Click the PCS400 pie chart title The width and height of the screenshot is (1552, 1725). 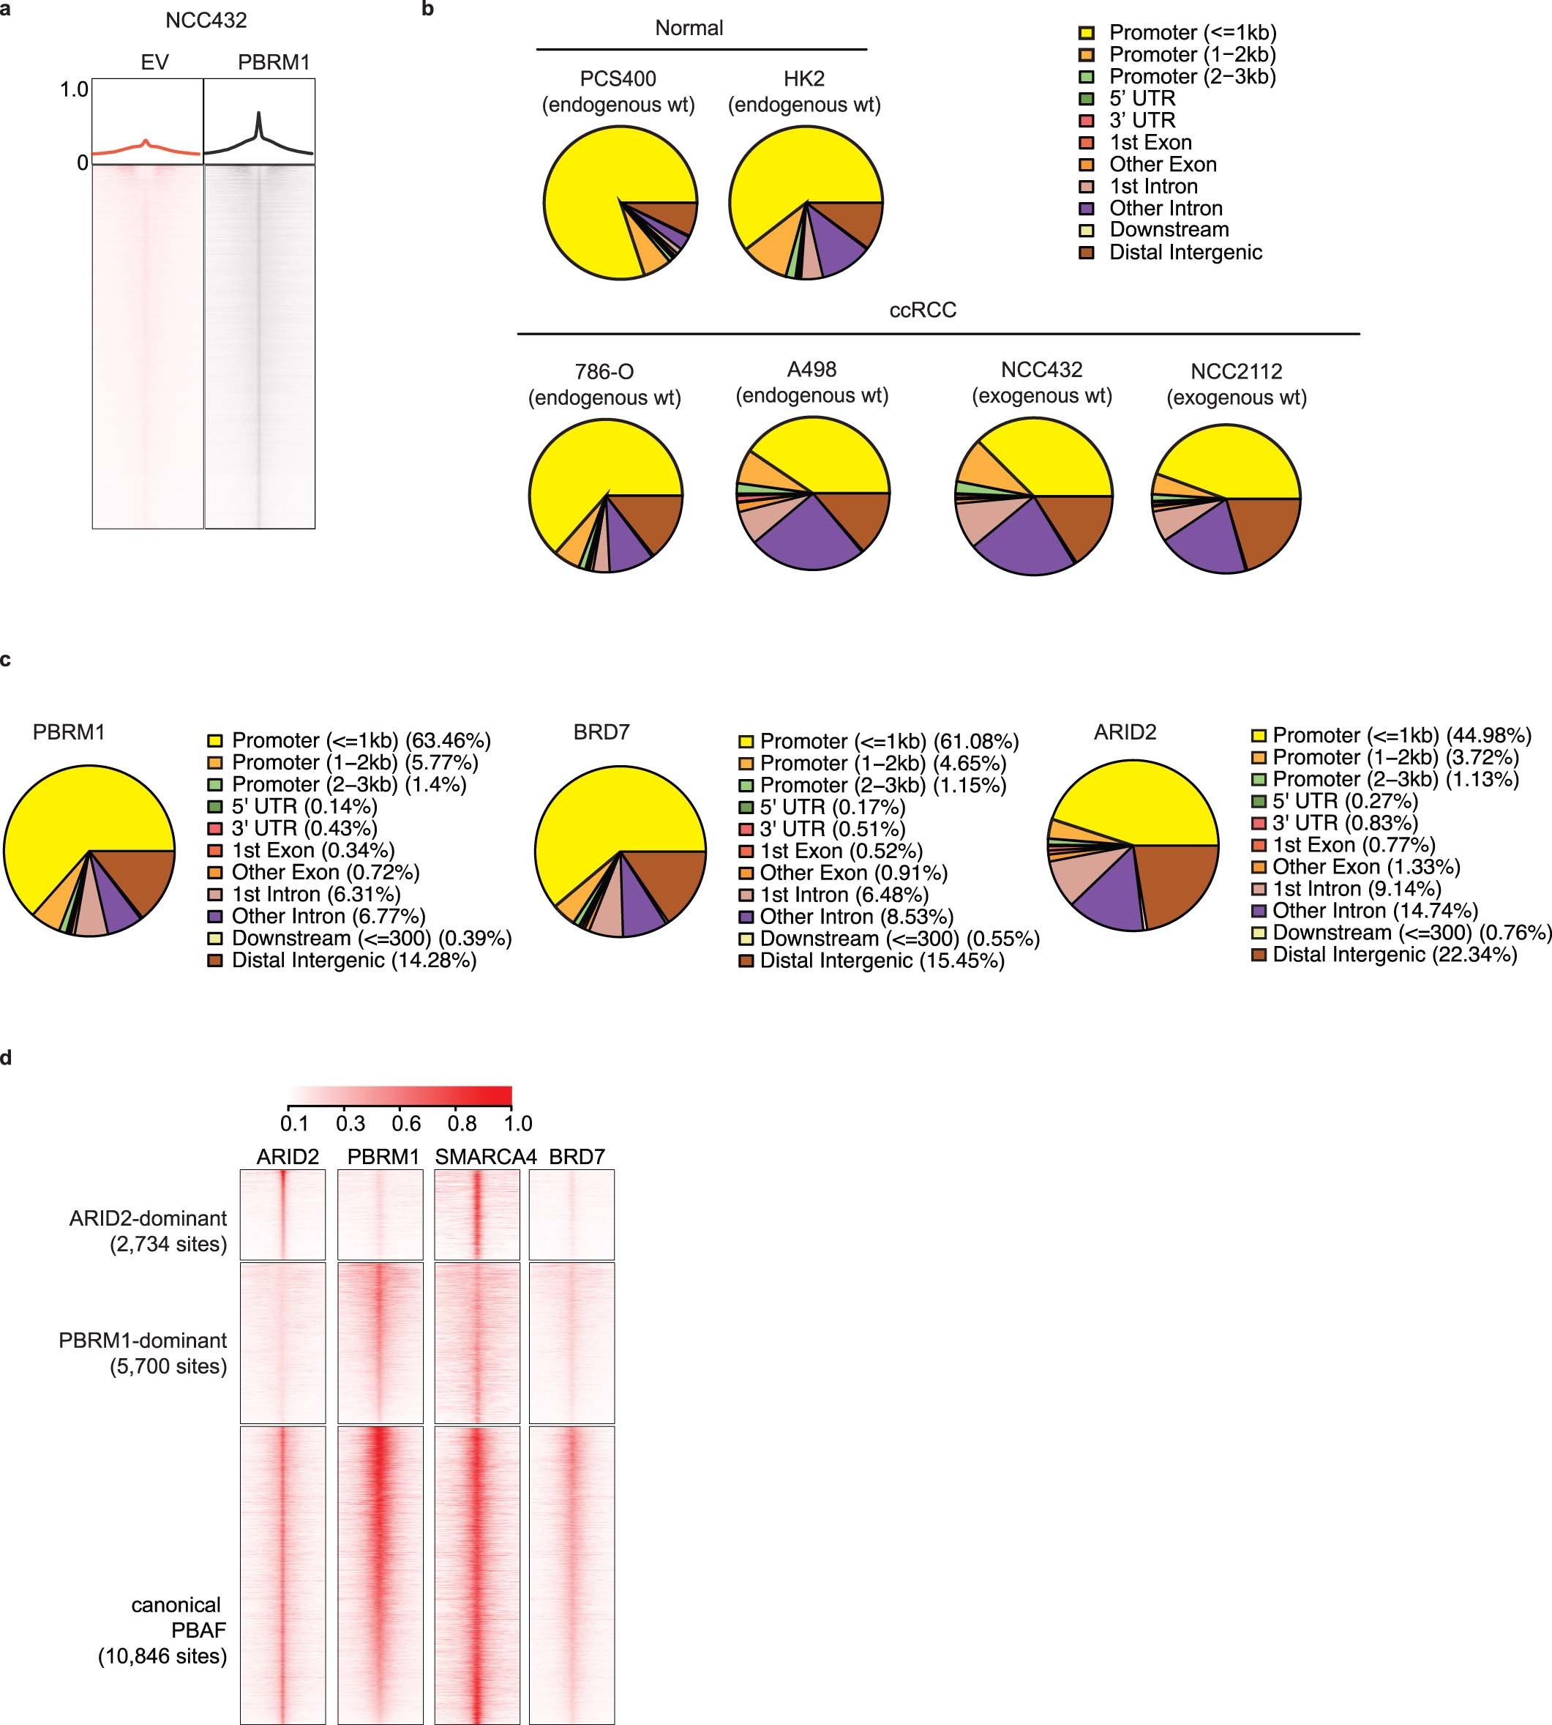point(618,92)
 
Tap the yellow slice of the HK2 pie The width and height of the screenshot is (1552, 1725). point(793,166)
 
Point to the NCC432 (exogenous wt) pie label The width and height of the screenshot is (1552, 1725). point(1041,382)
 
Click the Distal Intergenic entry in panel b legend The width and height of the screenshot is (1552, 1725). point(1185,253)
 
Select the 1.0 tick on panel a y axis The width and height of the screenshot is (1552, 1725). point(73,89)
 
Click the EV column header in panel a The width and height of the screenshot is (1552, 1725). point(154,62)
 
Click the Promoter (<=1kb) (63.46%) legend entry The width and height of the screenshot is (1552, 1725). point(360,740)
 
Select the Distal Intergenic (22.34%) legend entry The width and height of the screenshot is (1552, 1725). point(1394,955)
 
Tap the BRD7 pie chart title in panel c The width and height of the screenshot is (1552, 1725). point(601,732)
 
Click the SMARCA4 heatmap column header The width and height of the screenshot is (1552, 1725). point(485,1157)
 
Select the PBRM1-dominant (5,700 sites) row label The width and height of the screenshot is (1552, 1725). point(143,1353)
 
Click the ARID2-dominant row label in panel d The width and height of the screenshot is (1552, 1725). point(148,1230)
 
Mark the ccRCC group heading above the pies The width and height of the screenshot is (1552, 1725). point(923,310)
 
